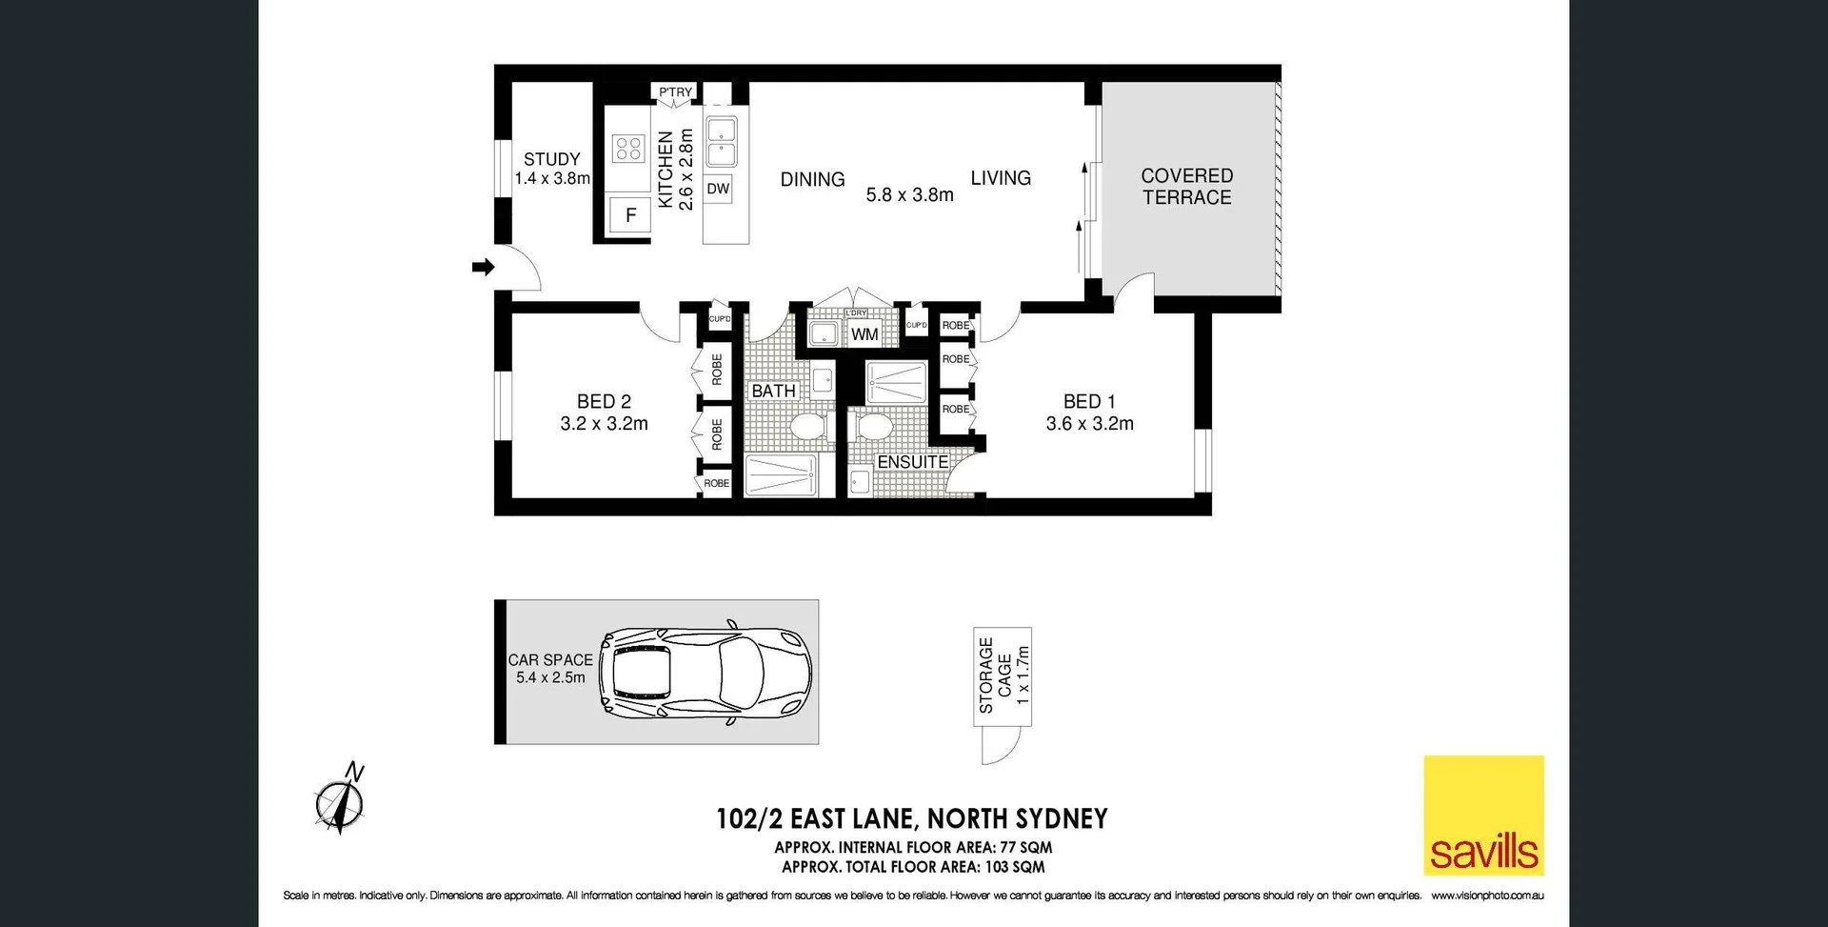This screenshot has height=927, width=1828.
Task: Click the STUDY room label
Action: (x=551, y=159)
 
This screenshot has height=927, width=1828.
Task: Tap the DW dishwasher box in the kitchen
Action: (x=718, y=189)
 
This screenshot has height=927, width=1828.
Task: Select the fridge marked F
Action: (x=630, y=215)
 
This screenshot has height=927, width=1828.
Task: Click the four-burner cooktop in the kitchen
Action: (x=628, y=148)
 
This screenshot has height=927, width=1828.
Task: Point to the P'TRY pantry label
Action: (x=675, y=92)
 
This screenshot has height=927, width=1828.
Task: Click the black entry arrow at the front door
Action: (x=484, y=267)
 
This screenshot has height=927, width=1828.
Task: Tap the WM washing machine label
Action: (x=864, y=334)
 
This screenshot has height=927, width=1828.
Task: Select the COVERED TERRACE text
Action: (x=1186, y=187)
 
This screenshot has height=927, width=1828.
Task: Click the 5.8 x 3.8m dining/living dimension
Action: (x=909, y=195)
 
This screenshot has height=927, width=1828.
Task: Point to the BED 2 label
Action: (x=604, y=402)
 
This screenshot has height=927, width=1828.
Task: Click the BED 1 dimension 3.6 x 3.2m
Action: (x=1089, y=424)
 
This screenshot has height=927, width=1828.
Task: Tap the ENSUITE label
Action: (x=912, y=462)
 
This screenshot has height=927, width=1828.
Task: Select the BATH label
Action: (x=773, y=391)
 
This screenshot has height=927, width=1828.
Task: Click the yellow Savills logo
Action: (x=1483, y=816)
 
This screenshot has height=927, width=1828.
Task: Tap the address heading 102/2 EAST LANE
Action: (x=911, y=818)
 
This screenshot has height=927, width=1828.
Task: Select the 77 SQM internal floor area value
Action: (x=1025, y=847)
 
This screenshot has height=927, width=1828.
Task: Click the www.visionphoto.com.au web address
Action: (x=1487, y=896)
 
